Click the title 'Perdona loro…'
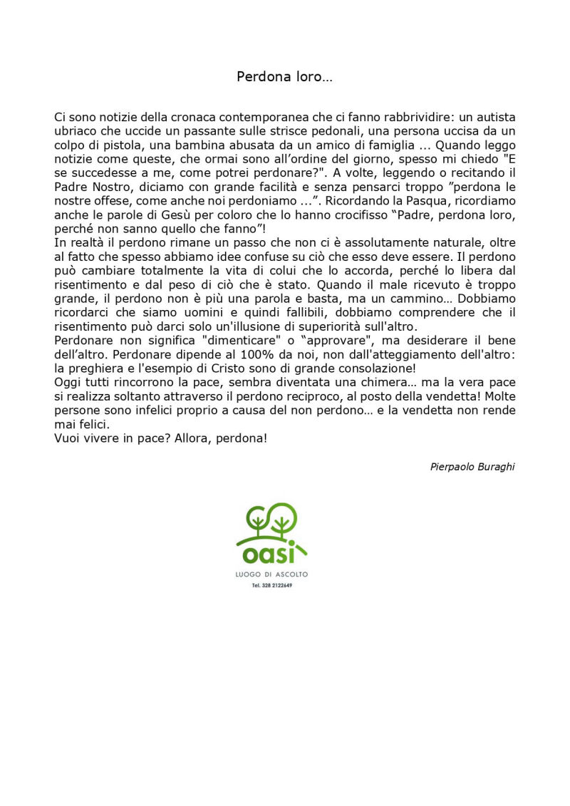pos(284,77)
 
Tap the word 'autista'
pos(496,117)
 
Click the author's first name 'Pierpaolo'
pos(453,467)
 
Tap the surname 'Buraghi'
pos(497,467)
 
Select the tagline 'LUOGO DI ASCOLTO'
pos(271,574)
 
